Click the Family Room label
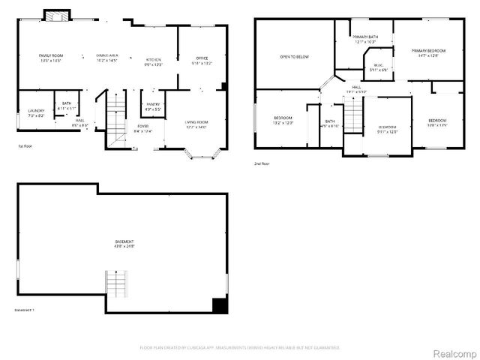coord(51,58)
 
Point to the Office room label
coord(202,60)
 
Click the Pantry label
coord(153,106)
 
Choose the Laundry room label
coord(35,113)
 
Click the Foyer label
coord(142,128)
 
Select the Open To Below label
coord(295,56)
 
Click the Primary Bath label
coord(365,39)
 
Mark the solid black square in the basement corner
coord(220,306)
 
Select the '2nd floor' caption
coord(262,163)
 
